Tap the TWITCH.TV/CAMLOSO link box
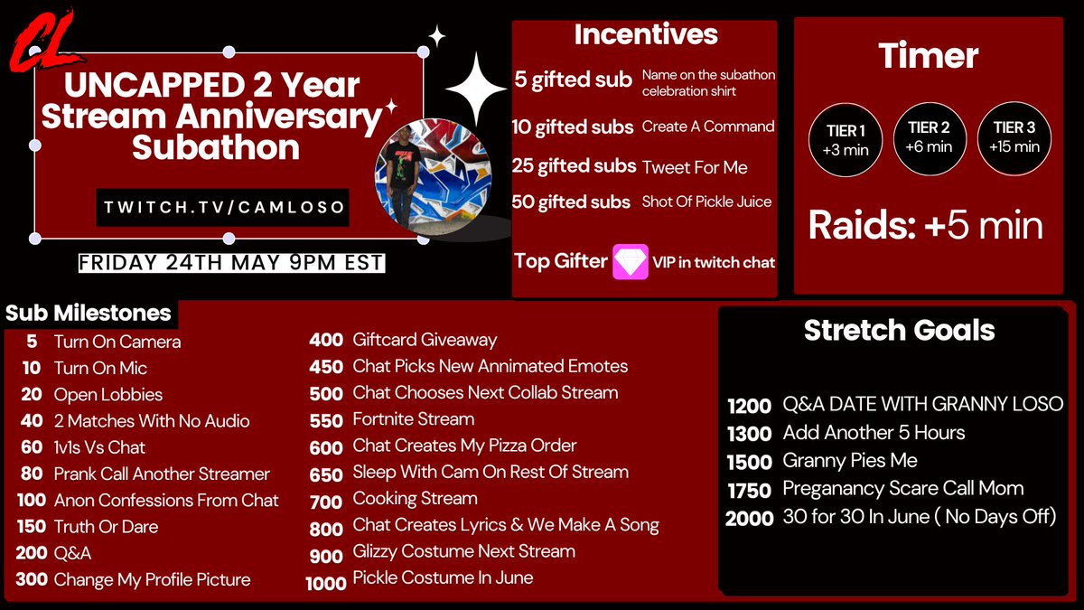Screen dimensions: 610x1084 click(222, 207)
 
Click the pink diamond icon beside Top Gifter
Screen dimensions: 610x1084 click(631, 261)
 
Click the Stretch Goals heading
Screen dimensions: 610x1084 click(899, 330)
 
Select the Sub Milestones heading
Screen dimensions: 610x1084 click(89, 314)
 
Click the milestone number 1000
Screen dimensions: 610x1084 click(326, 583)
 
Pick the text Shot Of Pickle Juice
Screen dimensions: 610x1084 click(706, 202)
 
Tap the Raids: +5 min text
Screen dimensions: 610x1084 click(925, 226)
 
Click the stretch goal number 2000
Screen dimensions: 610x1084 click(750, 518)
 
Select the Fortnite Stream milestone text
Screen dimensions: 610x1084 click(413, 419)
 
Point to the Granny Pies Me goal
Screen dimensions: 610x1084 click(849, 460)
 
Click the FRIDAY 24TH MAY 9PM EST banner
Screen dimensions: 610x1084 click(231, 263)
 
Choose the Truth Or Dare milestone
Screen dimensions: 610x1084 click(106, 526)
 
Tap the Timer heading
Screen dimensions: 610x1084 click(929, 56)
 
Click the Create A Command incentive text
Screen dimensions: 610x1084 click(707, 127)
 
